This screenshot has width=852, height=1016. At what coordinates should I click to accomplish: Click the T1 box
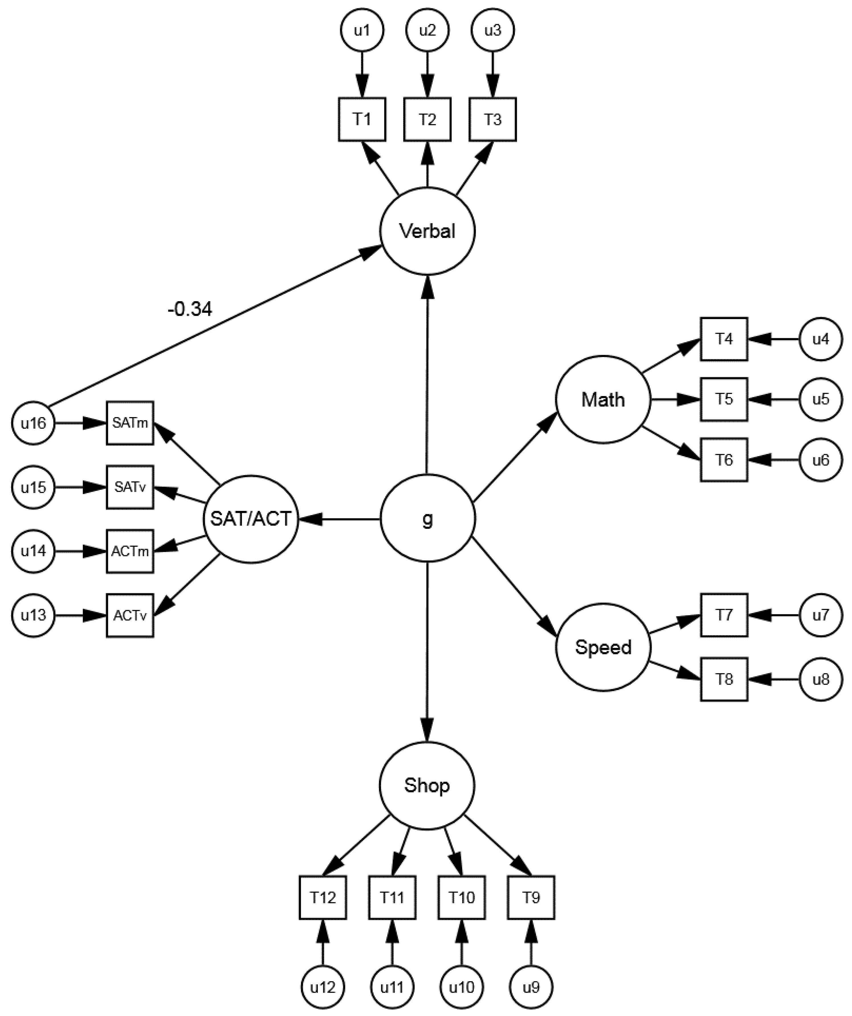pyautogui.click(x=362, y=119)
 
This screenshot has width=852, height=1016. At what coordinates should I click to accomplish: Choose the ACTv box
pyautogui.click(x=130, y=615)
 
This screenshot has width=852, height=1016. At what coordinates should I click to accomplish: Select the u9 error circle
pyautogui.click(x=531, y=987)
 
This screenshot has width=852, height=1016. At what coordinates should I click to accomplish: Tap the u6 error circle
pyautogui.click(x=821, y=460)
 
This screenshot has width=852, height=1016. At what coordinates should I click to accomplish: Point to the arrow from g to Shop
pyautogui.click(x=427, y=653)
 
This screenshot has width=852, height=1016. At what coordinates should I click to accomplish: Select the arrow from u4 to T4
pyautogui.click(x=773, y=339)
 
